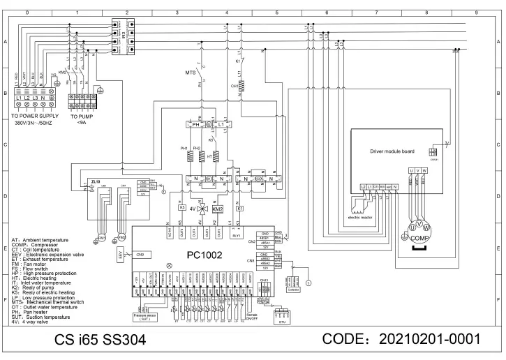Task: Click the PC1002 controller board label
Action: click(x=204, y=255)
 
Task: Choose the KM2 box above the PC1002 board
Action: click(x=218, y=209)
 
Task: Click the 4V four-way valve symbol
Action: click(x=203, y=209)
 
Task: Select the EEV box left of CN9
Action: click(x=119, y=255)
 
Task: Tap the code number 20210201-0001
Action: click(x=430, y=340)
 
